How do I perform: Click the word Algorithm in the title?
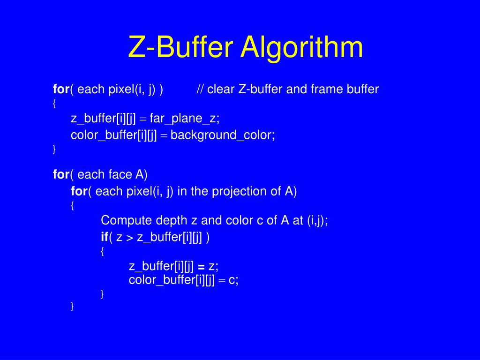tap(302, 48)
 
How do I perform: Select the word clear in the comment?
tap(221, 89)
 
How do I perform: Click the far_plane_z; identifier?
tap(185, 119)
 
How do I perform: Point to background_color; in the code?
tap(223, 135)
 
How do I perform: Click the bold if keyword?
tap(105, 237)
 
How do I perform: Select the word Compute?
tap(122, 220)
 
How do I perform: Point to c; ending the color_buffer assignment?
tap(234, 280)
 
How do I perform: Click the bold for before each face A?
tap(61, 175)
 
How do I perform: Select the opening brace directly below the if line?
tap(103, 251)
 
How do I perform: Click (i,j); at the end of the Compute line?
tap(317, 220)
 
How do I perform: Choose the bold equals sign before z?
tap(201, 267)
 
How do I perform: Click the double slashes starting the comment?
tap(200, 89)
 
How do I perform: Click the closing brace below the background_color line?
tap(54, 149)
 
